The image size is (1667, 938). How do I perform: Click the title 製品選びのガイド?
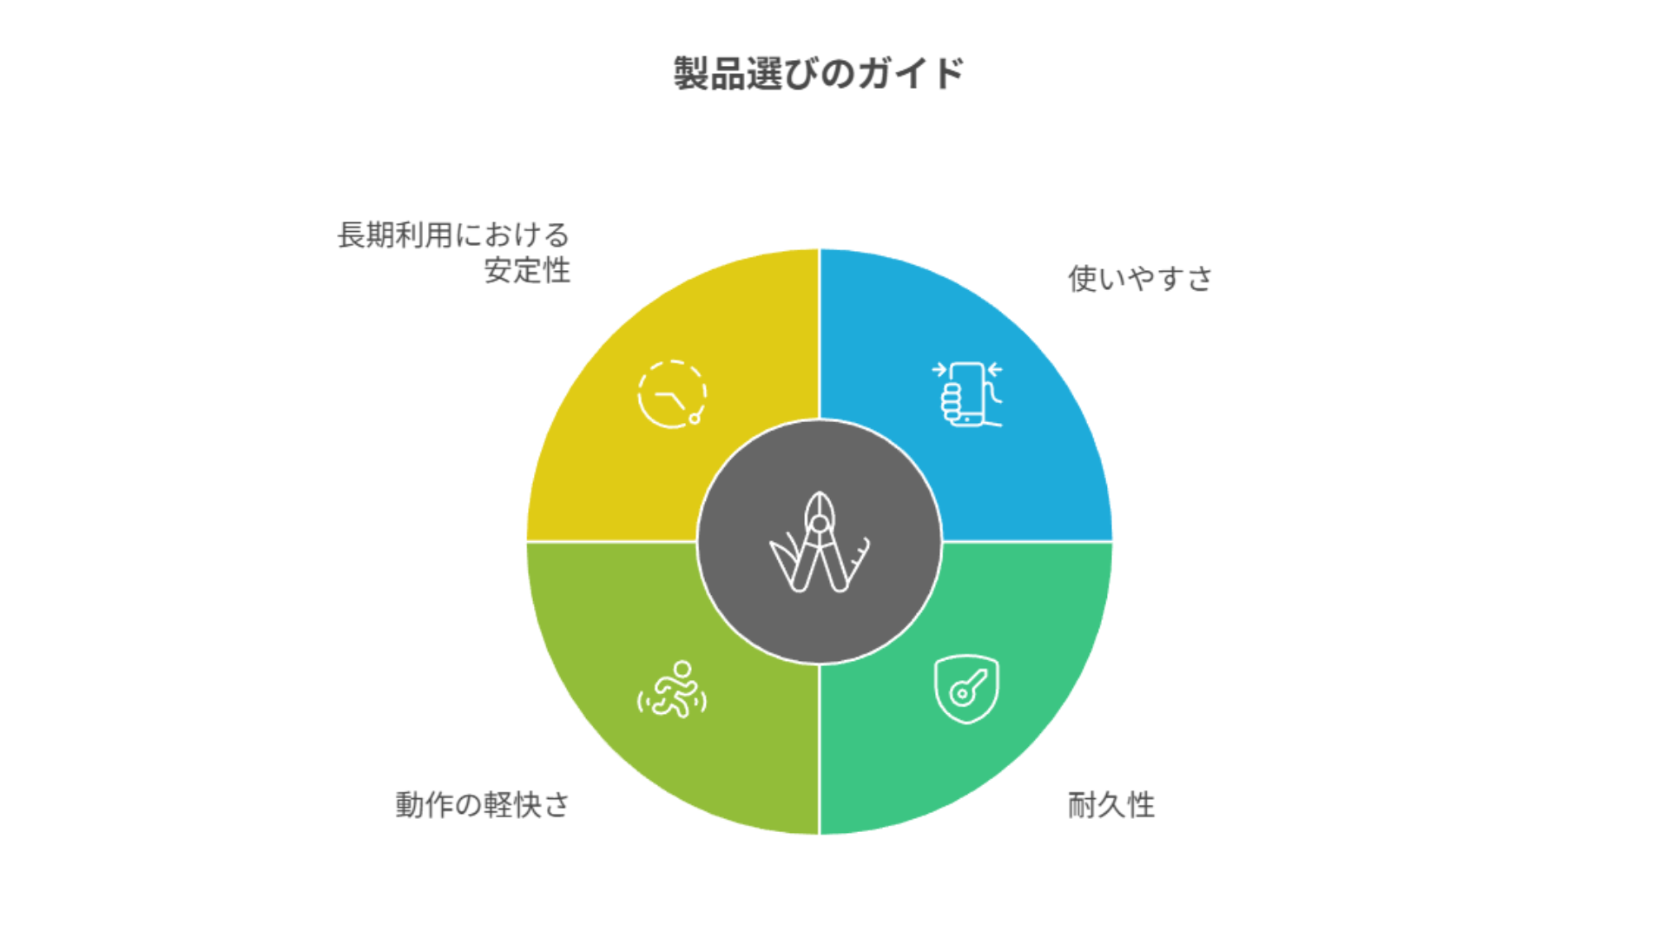[819, 74]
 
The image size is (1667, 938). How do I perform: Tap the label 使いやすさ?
[1140, 279]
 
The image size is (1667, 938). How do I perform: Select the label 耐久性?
[1111, 805]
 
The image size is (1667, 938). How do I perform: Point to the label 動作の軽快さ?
[483, 805]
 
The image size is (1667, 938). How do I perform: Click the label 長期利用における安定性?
[453, 252]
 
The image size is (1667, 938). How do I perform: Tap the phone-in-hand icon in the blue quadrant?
[967, 394]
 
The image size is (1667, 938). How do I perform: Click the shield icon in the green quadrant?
[966, 689]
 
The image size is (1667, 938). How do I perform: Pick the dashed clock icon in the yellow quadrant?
[671, 394]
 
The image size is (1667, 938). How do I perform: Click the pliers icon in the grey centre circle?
[819, 543]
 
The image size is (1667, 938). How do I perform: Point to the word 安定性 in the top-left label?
[527, 271]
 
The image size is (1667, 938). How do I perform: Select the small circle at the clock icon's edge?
[695, 419]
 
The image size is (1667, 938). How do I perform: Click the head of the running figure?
[682, 670]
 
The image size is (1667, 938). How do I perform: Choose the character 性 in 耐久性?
[1141, 805]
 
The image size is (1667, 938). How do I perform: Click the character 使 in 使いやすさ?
[1083, 279]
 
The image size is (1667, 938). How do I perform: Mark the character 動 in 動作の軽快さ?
[410, 805]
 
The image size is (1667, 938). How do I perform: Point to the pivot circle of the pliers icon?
[819, 524]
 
